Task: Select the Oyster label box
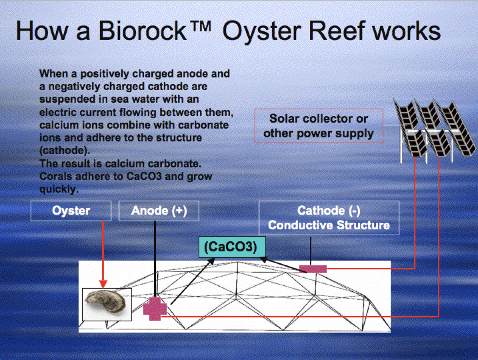coord(71,211)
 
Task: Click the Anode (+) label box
coord(159,211)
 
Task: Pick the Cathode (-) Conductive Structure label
coord(329,218)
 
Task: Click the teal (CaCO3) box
coord(231,247)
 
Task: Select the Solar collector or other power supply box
coord(318,126)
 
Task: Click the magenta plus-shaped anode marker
coord(155,309)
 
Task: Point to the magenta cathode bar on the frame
coord(313,268)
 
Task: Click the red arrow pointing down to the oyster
coord(103,254)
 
